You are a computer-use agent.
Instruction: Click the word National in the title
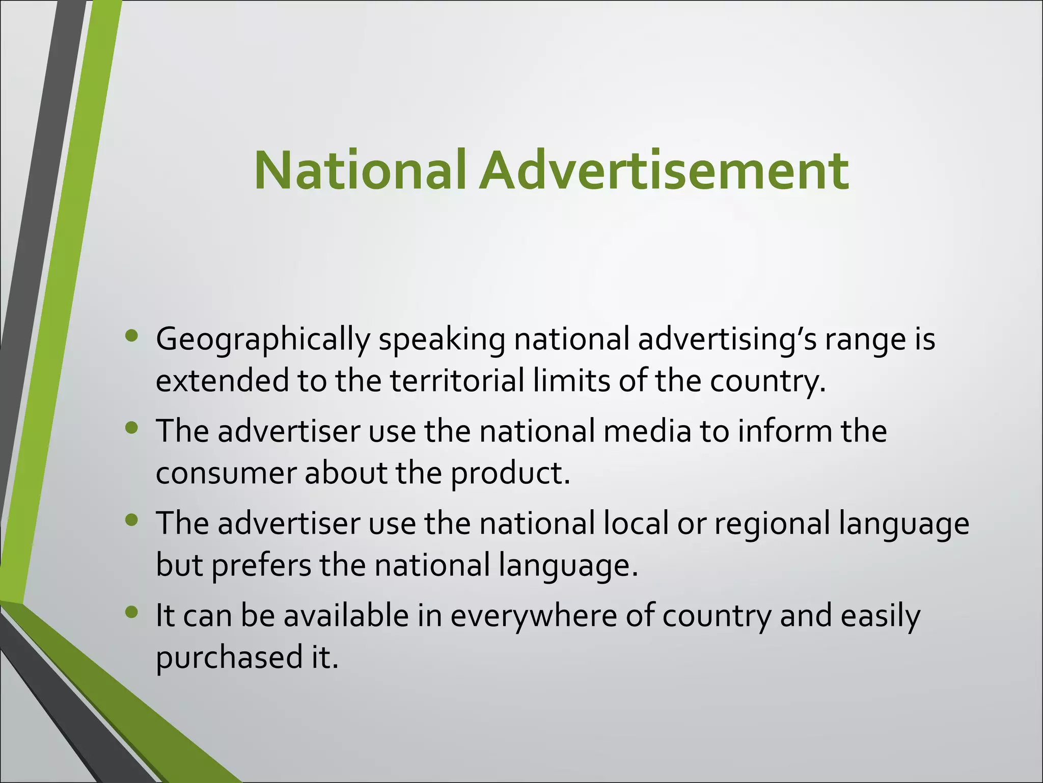[360, 170]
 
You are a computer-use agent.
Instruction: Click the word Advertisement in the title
[663, 170]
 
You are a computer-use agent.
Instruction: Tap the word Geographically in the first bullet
[262, 340]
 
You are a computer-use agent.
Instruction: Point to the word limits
[571, 381]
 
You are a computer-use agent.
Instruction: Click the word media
[647, 431]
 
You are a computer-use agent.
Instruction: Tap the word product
[510, 474]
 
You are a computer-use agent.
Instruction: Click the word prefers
[261, 565]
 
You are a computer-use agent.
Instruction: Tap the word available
[346, 615]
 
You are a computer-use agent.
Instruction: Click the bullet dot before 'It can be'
[131, 611]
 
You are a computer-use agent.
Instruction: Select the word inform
[785, 431]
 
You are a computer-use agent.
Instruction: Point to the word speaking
[442, 340]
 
